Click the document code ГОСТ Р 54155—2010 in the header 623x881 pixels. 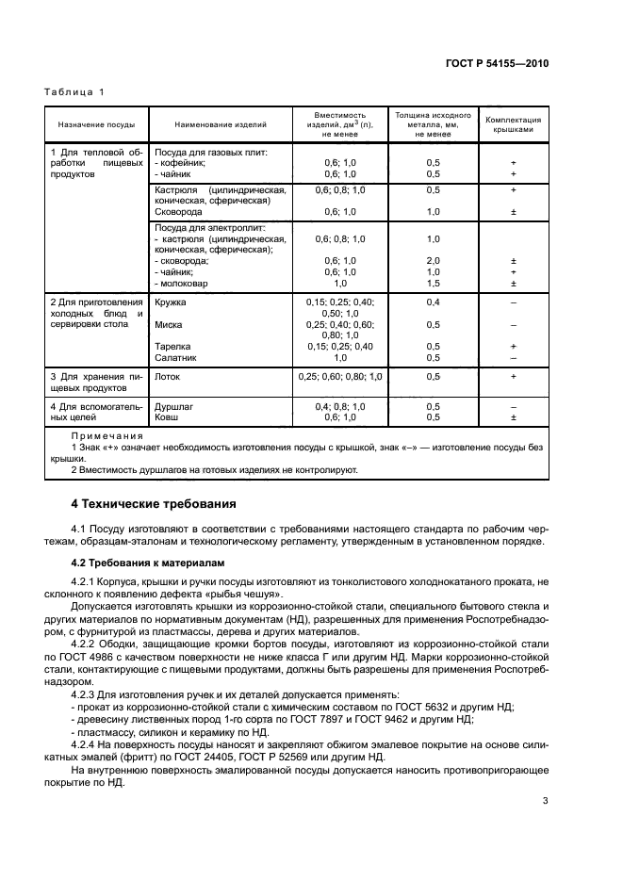tap(497, 63)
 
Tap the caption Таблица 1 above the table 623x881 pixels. tap(76, 91)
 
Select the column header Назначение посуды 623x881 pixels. tap(96, 124)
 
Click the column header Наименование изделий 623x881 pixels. tap(221, 124)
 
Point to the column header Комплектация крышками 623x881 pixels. tap(513, 124)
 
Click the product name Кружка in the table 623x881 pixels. tap(171, 302)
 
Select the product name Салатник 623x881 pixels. tap(175, 357)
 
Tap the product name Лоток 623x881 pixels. tap(168, 377)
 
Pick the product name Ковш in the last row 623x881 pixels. tap(166, 416)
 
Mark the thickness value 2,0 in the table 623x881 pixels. tap(434, 261)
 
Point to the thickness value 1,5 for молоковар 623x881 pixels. tap(434, 283)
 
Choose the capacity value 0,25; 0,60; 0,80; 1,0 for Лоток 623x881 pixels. tap(340, 377)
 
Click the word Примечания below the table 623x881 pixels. tap(107, 436)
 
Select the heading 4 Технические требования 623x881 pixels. tap(148, 504)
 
